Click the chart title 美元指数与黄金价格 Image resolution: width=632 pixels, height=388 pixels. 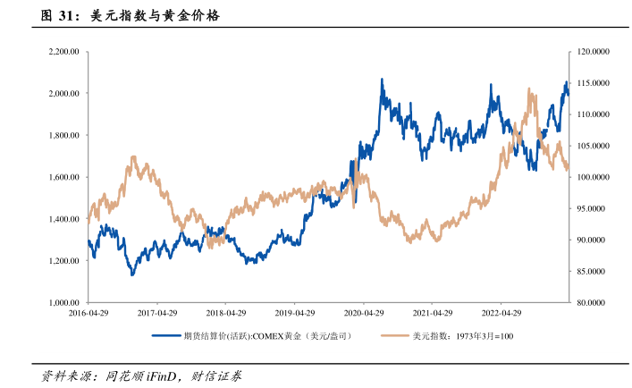pos(156,16)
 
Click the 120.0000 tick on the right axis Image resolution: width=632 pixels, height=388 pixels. pos(594,52)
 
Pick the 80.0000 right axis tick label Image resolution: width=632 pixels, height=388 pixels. pos(592,303)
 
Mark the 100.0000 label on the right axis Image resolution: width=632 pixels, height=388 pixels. pos(594,178)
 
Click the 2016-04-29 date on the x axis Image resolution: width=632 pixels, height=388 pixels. pos(88,315)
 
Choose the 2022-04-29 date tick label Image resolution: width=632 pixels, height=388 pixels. pos(501,315)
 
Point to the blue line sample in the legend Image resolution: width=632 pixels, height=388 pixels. pos(164,336)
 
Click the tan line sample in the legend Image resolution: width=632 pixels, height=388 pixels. pos(393,336)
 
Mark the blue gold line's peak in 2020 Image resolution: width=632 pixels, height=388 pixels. pos(382,80)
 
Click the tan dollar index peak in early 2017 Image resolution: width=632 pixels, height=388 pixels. pos(133,157)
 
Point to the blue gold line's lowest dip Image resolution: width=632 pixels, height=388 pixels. pos(132,274)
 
